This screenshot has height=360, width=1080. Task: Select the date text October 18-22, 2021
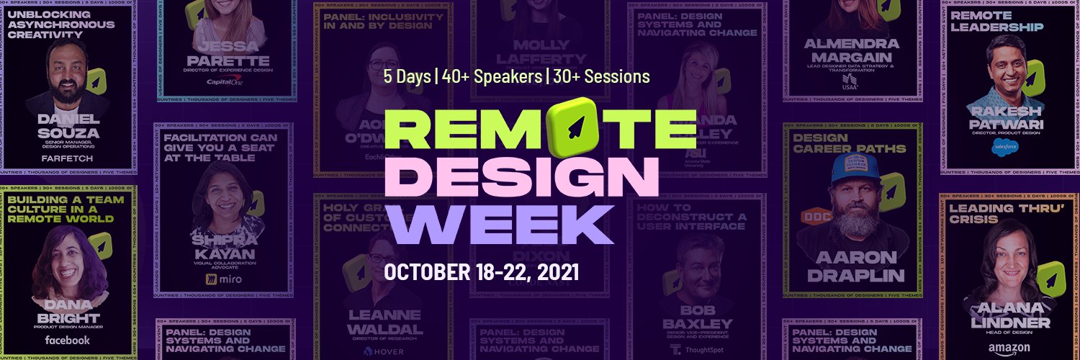coord(482,272)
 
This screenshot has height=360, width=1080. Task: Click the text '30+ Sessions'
coord(601,76)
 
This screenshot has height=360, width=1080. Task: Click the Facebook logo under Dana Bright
coord(67,340)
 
